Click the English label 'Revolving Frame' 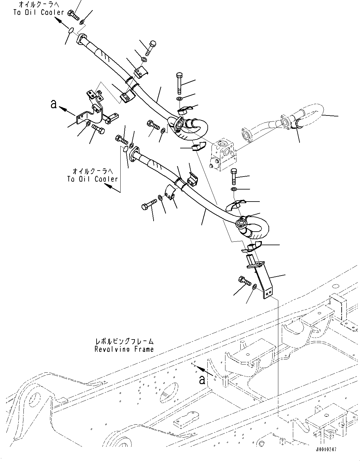124,349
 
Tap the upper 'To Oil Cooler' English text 39,12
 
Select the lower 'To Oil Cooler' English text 92,179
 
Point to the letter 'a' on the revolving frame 202,380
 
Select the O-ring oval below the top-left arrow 72,30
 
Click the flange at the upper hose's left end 82,40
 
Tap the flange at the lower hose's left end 133,153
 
